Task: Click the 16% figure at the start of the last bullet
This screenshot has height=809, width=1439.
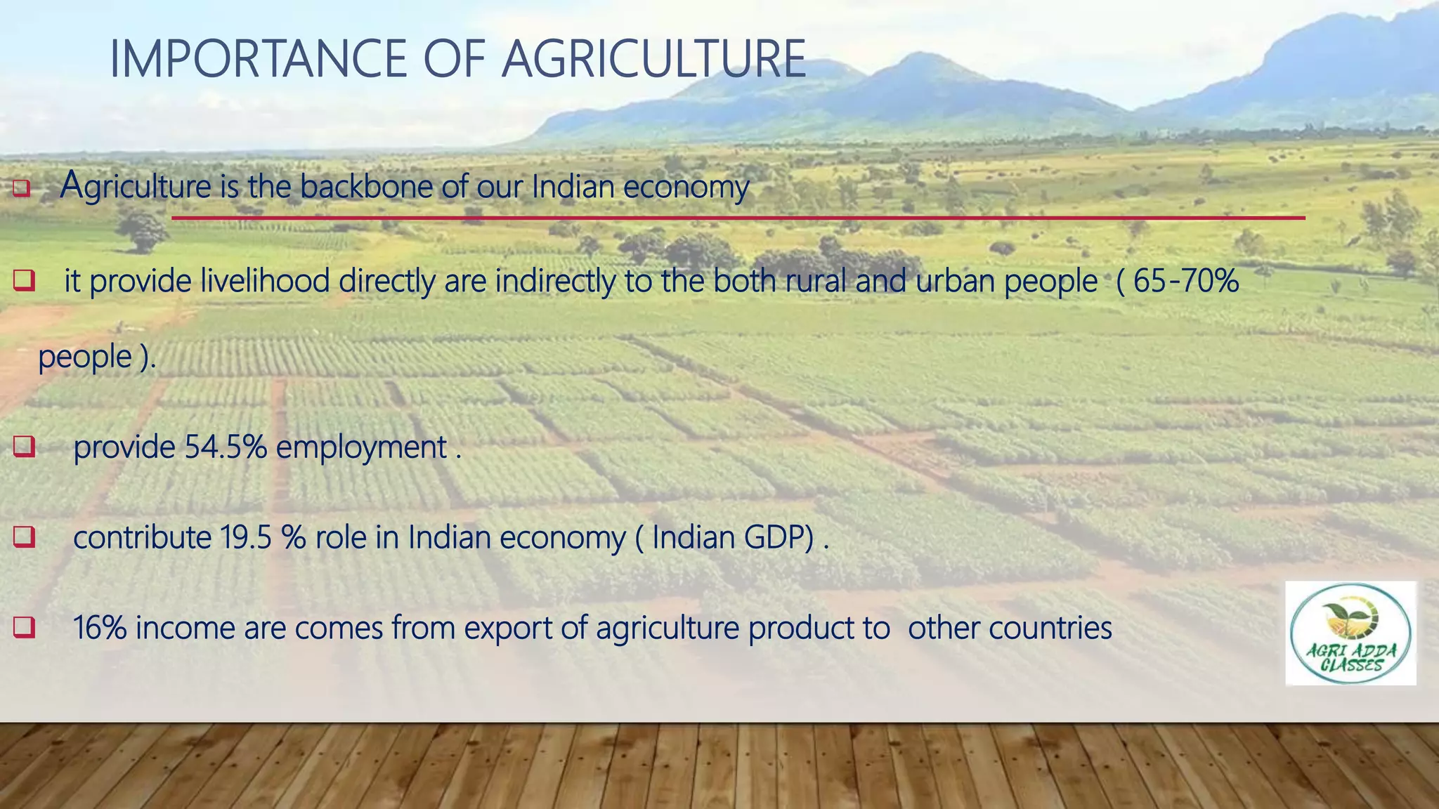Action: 99,628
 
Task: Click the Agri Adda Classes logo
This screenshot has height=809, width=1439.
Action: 1350,633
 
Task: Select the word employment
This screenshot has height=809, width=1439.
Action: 361,448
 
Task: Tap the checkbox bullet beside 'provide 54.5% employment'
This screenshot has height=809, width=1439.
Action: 24,447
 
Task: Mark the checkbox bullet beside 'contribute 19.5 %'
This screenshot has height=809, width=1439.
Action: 24,537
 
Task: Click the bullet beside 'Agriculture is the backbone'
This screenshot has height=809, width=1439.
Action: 22,188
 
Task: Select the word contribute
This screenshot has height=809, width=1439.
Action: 142,538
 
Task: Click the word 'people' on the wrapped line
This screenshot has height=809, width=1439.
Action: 85,357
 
